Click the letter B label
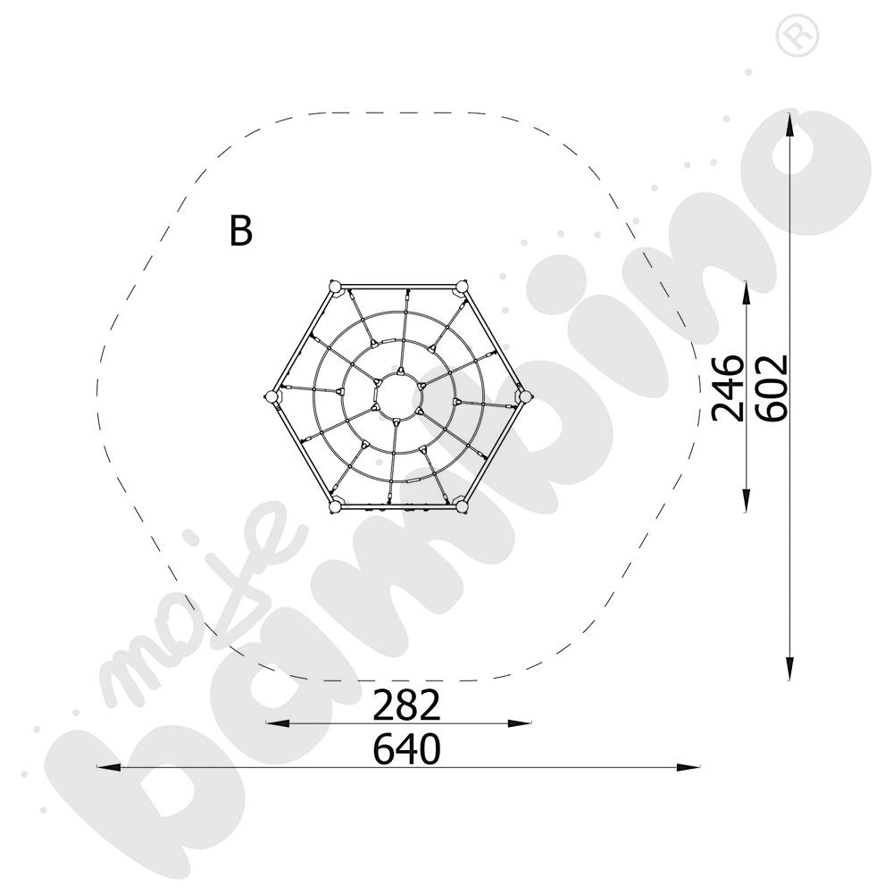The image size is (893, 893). [240, 230]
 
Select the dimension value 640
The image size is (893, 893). [406, 748]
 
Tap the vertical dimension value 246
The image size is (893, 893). [729, 388]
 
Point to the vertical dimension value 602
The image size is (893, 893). [772, 388]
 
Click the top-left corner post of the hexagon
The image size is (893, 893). [334, 286]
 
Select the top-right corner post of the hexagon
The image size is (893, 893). [461, 286]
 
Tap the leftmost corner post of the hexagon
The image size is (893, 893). [272, 396]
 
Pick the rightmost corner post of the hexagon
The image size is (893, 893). [524, 396]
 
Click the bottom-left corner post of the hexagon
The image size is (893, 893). [335, 505]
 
